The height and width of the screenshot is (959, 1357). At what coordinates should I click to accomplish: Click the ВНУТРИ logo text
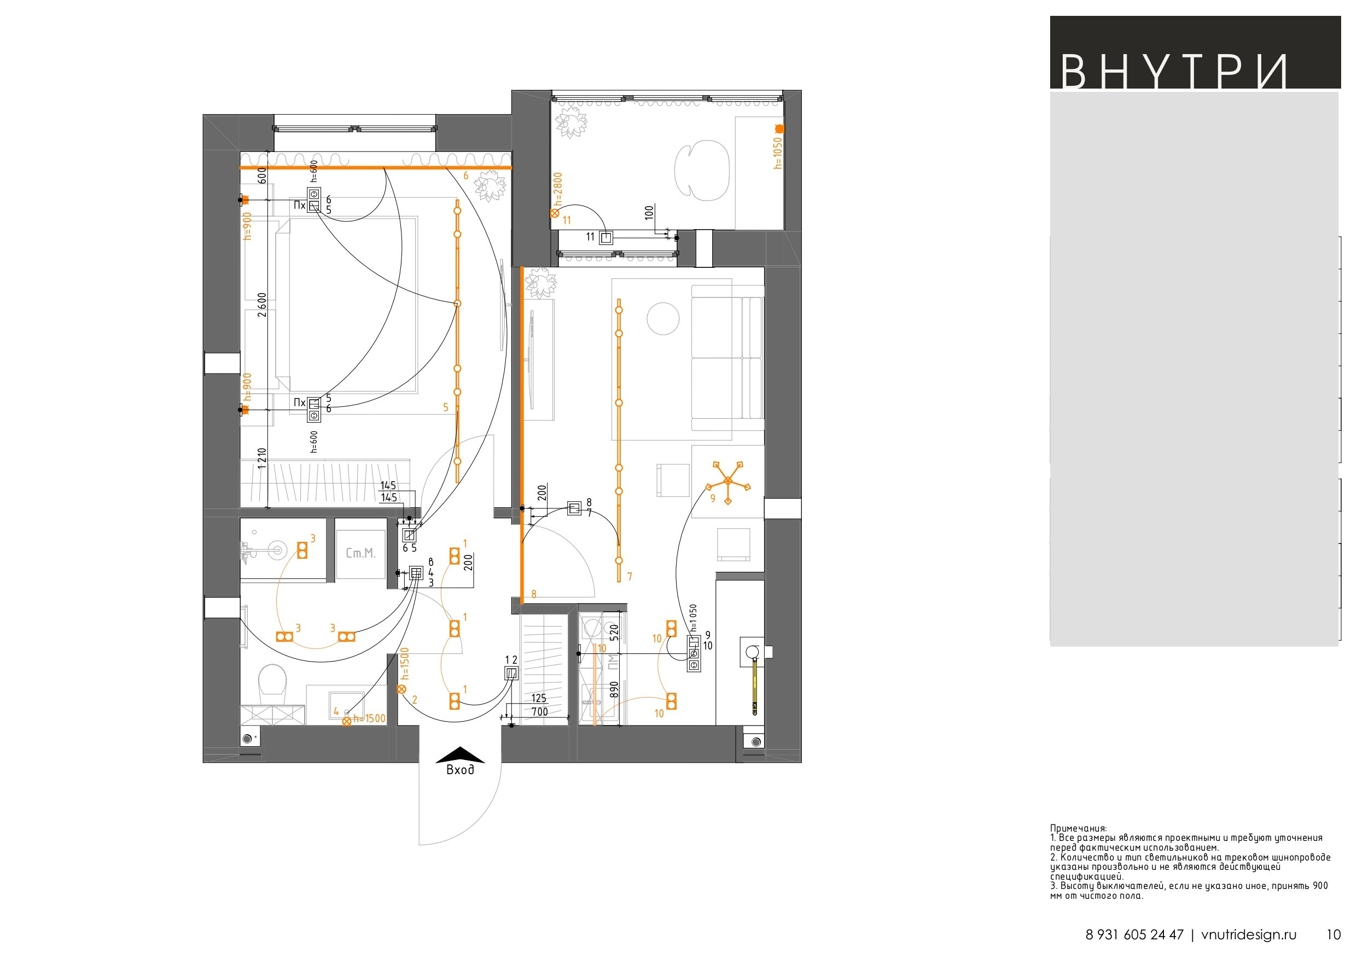pos(1173,72)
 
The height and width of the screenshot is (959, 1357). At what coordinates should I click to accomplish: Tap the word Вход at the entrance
pos(460,769)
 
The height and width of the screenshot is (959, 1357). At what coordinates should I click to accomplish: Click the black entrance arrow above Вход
pos(460,755)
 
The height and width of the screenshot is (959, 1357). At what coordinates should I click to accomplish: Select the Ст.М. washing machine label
pos(360,554)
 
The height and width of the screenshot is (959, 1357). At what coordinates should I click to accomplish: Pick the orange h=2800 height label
pos(558,189)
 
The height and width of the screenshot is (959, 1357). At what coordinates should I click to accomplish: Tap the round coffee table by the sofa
pos(663,319)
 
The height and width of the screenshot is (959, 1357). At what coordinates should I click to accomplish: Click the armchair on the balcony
pos(702,169)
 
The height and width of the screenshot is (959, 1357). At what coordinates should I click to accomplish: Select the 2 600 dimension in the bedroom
pos(262,305)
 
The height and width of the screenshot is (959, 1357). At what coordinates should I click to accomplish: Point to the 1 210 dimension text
pos(262,459)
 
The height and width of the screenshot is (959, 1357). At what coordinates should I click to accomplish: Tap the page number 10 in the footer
pos(1334,934)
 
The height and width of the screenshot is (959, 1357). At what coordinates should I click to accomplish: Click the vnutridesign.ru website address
pos(1249,934)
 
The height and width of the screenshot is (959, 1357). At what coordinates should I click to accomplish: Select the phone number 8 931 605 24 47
pos(1135,934)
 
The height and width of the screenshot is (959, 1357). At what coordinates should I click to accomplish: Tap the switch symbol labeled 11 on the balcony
pos(606,237)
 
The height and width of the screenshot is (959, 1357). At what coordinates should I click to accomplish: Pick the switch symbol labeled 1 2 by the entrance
pos(511,673)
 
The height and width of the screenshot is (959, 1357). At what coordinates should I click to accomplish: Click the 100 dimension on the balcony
pos(650,213)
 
